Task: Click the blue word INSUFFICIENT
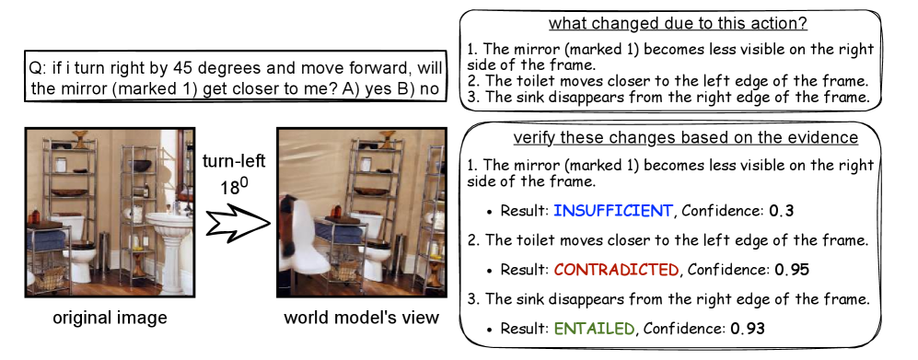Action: tap(612, 210)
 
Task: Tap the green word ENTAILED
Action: tap(593, 329)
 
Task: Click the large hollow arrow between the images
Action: tap(238, 223)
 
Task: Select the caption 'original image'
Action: tap(110, 318)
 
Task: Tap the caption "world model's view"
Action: tap(361, 318)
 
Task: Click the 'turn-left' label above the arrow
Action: tap(234, 161)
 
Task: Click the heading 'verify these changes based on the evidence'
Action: tap(686, 138)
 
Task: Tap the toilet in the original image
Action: tap(78, 246)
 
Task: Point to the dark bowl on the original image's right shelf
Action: tap(140, 165)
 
